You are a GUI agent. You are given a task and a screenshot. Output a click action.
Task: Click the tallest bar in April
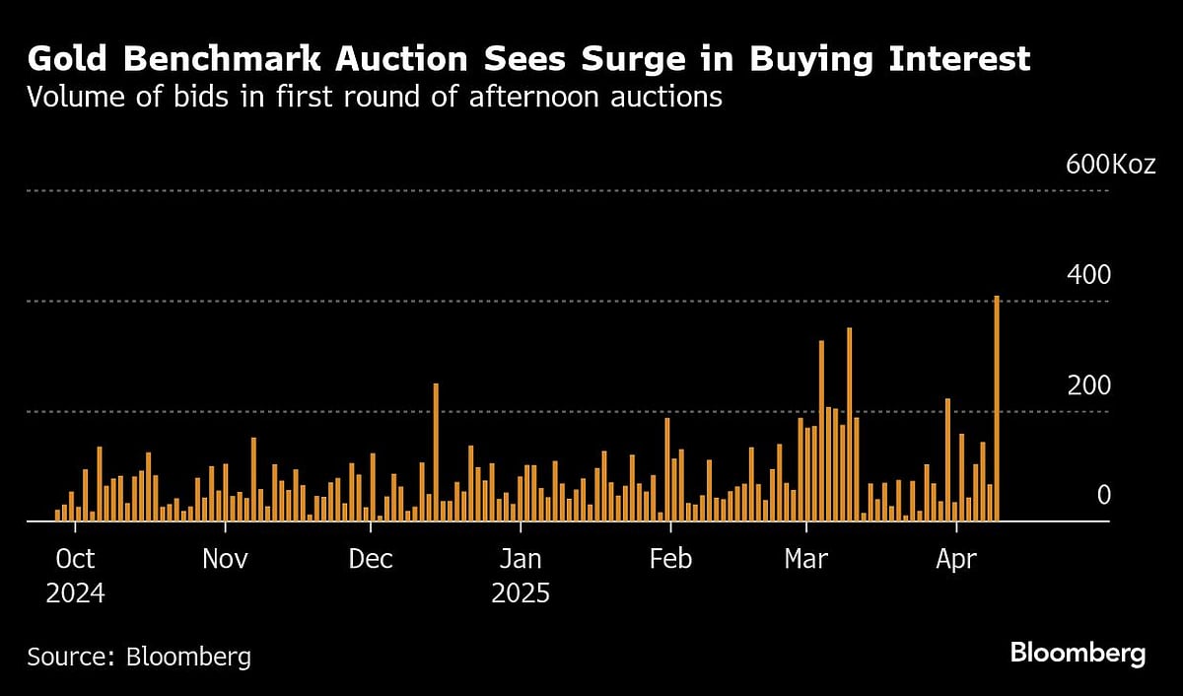pos(997,408)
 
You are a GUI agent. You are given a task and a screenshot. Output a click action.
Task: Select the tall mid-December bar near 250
pos(436,452)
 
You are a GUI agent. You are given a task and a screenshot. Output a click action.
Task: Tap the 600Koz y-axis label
pos(1110,165)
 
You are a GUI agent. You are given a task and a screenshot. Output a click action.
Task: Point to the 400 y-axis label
pos(1088,275)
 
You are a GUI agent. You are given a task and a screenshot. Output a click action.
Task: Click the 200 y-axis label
pos(1088,385)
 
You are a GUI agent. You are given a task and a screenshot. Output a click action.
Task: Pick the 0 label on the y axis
pos(1103,495)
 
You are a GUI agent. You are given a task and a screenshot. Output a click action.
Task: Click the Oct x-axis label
pos(75,560)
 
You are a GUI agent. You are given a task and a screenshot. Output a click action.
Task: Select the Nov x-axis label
pos(225,560)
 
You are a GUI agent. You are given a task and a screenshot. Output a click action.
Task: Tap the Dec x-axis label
pos(371,560)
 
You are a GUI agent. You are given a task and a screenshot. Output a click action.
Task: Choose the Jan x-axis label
pos(520,560)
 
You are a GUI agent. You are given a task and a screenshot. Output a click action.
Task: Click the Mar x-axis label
pos(807,560)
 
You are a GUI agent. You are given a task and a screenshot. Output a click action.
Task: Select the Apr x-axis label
pos(955,560)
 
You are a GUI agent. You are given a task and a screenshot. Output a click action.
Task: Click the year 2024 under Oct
pos(75,595)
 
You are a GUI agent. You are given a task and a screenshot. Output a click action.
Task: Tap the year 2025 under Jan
pos(520,595)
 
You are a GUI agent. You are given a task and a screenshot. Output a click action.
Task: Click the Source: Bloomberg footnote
pos(139,657)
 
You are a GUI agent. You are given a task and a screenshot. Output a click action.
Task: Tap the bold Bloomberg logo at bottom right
pos(1078,654)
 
